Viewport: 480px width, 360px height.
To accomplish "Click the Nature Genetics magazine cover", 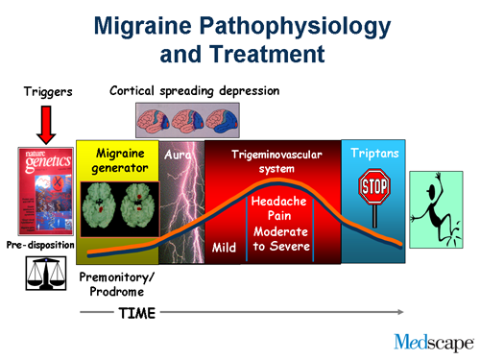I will coord(46,187).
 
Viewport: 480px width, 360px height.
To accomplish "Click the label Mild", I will coord(224,249).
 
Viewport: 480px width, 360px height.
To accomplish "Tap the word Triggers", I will coord(46,93).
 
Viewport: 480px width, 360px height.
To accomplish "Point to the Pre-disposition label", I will coord(42,243).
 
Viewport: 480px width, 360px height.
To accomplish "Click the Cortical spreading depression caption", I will coord(195,91).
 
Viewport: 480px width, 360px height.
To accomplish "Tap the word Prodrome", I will coord(113,292).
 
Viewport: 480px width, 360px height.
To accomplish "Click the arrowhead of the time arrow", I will coord(398,313).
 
